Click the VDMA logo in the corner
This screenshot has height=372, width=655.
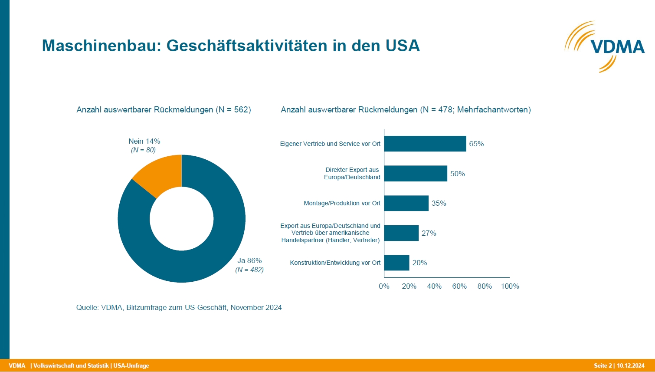coord(605,46)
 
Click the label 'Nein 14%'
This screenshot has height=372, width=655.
coord(144,142)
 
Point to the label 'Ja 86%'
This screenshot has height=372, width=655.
coord(249,261)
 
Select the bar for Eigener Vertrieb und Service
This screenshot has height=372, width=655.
coord(425,144)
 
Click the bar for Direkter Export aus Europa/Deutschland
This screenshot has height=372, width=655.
coord(416,174)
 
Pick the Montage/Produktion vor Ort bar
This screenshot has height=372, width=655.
coord(406,203)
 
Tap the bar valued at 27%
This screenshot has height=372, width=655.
coord(401,233)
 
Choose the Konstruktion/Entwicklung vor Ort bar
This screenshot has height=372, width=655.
coord(396,263)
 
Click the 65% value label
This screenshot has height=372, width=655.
coord(476,144)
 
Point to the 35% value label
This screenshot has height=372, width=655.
coord(439,204)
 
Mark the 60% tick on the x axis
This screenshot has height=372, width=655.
coord(459,286)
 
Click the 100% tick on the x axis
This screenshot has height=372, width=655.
coord(510,286)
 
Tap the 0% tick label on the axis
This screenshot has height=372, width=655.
coord(384,286)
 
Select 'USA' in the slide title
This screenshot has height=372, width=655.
coord(403,46)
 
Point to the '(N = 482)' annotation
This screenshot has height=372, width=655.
coord(249,270)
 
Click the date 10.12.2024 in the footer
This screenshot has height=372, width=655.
coord(631,365)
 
